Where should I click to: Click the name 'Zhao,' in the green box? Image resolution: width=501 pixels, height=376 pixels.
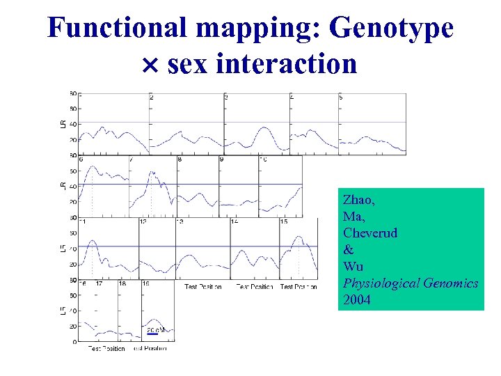coord(359,200)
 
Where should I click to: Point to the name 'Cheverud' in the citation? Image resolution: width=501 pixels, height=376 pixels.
coord(370,233)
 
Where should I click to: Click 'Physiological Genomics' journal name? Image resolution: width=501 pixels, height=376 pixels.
coord(410,283)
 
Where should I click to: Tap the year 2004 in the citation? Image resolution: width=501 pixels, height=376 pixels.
coord(356,300)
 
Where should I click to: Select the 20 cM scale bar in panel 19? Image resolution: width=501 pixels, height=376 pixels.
coord(152,334)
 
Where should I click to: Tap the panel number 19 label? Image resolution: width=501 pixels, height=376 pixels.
coord(145,283)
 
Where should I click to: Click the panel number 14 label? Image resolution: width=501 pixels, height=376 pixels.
coord(234,221)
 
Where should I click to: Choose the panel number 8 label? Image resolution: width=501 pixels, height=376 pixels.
coord(180,159)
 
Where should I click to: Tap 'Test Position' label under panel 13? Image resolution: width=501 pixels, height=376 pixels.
coord(202,286)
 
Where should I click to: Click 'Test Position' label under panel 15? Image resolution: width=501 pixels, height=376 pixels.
coord(299,286)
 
